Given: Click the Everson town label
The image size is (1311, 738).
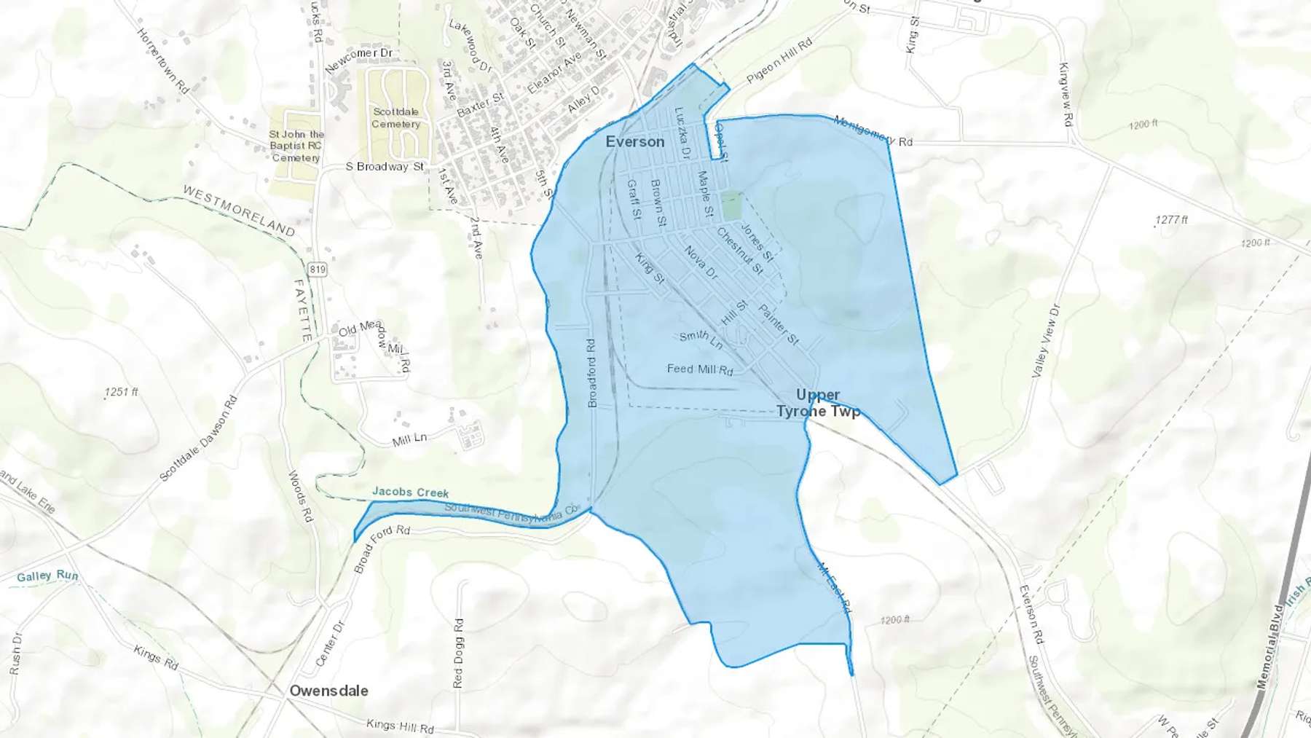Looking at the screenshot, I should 635,142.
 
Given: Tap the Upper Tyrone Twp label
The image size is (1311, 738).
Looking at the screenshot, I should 818,403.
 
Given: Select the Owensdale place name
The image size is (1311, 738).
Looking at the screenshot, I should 328,691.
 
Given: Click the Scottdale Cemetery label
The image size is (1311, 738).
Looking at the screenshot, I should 395,118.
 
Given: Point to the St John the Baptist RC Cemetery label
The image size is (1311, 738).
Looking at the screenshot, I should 296,146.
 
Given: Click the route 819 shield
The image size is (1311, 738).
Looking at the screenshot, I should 318,270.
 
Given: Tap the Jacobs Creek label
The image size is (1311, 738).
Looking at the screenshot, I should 410,492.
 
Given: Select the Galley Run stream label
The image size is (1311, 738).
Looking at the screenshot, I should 47,576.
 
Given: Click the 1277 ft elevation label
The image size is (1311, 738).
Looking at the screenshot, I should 1171,220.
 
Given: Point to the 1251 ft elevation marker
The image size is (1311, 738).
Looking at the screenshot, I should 122,392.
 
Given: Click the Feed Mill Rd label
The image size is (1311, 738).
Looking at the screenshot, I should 700,369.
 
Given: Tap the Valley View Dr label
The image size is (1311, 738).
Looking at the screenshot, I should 1045,341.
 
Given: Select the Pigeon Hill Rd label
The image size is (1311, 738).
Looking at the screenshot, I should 779,61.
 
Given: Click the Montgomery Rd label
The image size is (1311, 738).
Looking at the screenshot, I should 873,131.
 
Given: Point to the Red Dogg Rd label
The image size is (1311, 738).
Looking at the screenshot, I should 458,653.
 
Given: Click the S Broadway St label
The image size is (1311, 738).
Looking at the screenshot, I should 385,167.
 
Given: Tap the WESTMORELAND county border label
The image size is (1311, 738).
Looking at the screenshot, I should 238,211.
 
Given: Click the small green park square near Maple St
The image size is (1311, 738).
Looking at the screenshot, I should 731,205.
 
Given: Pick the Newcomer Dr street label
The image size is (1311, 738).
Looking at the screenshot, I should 359,60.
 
